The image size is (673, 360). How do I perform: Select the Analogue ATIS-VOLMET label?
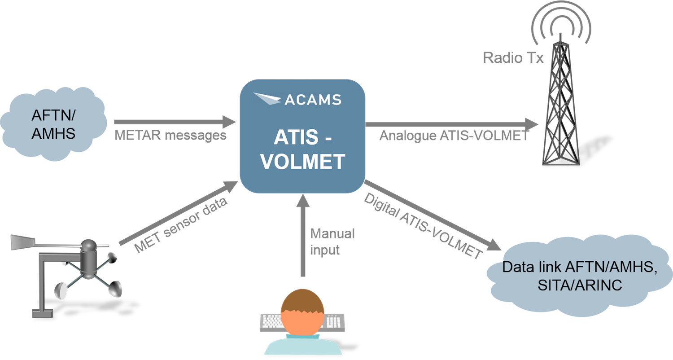pos(454,136)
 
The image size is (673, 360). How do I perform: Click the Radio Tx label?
pos(513,57)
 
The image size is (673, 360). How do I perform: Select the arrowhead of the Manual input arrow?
pos(303,199)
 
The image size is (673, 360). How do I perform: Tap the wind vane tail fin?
pos(20,242)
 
